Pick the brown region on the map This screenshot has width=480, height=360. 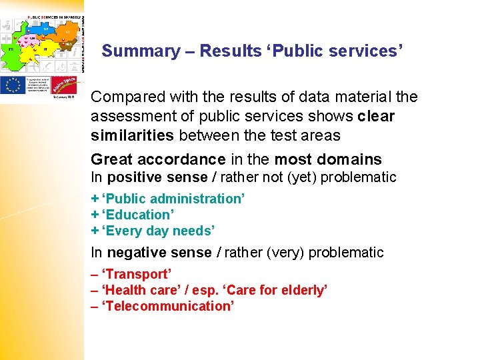(x=67, y=43)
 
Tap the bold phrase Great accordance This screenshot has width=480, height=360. (x=158, y=159)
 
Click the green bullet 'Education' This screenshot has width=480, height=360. (x=137, y=215)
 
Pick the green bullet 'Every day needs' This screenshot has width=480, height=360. (x=157, y=231)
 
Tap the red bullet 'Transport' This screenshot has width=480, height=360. (x=137, y=274)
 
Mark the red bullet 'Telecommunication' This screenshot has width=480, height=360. (x=167, y=306)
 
